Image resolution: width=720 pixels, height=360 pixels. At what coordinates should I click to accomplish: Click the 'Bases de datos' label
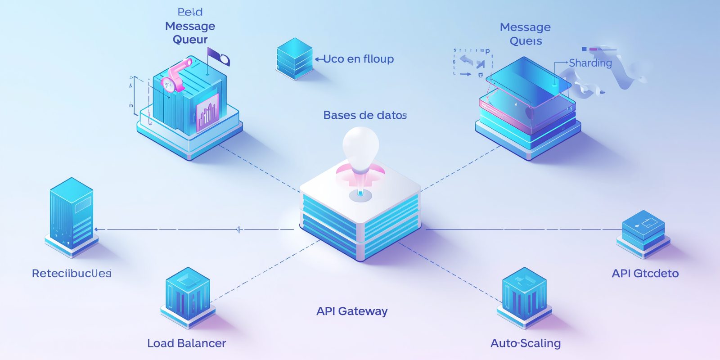point(365,115)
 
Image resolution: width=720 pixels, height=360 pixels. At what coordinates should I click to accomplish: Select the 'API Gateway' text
point(352,311)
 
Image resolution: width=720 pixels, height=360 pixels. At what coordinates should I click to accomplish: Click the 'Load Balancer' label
point(186,343)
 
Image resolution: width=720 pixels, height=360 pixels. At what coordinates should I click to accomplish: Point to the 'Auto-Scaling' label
point(526,343)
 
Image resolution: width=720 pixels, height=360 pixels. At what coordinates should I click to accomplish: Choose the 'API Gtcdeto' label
point(645,273)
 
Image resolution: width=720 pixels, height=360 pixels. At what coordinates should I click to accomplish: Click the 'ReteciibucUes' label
point(72,273)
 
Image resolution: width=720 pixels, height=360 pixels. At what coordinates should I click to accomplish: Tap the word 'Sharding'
point(590,63)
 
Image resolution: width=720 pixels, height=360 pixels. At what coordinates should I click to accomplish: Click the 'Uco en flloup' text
point(359,59)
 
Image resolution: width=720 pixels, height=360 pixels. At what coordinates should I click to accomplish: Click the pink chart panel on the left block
point(207,112)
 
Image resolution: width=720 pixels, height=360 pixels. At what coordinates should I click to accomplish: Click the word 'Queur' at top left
point(190,40)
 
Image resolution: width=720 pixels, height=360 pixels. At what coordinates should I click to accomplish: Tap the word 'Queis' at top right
point(526,41)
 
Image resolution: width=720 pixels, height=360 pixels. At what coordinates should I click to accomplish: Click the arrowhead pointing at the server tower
point(96,229)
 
